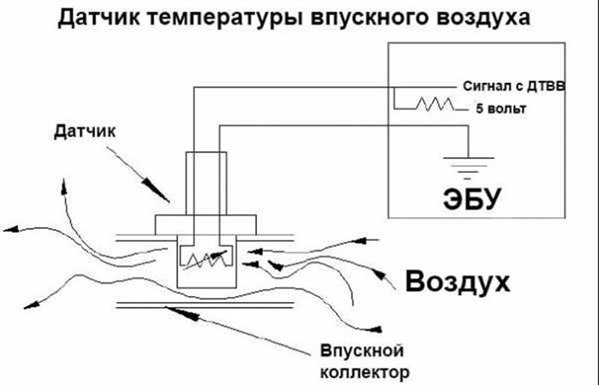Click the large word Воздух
[x=459, y=281]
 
